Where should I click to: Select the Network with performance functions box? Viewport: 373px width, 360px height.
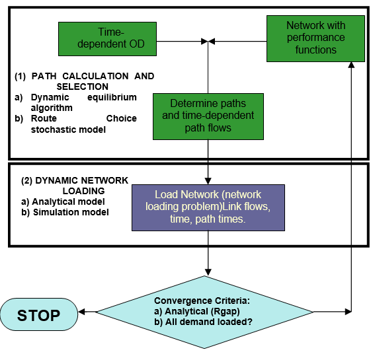(x=315, y=38)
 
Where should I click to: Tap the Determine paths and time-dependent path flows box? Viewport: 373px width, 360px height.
(x=208, y=116)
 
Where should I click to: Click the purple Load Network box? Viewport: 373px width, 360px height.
(x=208, y=207)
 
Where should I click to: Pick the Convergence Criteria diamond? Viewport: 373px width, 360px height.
(x=208, y=311)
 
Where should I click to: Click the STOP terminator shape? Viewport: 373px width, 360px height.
(x=38, y=315)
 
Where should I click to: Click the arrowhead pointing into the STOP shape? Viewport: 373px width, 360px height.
(x=82, y=310)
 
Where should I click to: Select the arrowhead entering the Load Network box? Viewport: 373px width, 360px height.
(x=208, y=181)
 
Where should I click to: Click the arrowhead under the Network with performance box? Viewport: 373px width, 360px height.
(x=351, y=64)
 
